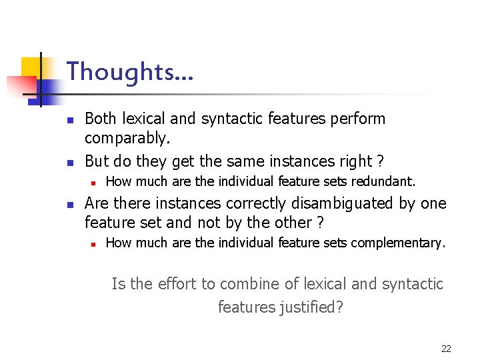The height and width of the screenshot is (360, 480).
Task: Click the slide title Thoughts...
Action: tap(130, 71)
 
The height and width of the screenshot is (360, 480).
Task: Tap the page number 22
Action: tap(446, 349)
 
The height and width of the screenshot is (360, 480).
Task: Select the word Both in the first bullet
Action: tap(101, 119)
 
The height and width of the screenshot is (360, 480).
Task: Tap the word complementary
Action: tap(397, 243)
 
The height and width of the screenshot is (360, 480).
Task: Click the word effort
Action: tap(178, 284)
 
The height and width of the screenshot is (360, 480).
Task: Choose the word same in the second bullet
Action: tap(245, 161)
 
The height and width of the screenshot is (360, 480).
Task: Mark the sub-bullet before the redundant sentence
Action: tap(95, 182)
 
